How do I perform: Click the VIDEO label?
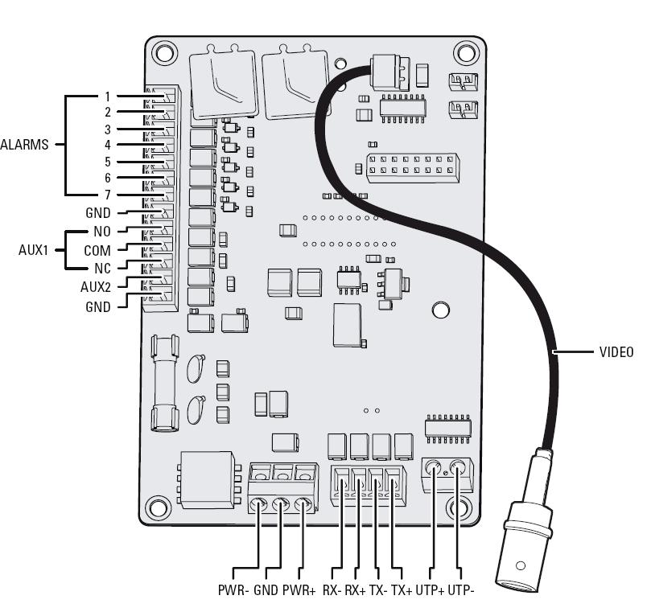tap(616, 352)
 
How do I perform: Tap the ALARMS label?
tap(24, 146)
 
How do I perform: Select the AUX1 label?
tap(35, 250)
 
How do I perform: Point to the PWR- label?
tap(234, 589)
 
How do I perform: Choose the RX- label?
tap(332, 589)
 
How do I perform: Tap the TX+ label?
tap(402, 589)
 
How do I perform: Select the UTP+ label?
tap(431, 589)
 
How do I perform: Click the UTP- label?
tap(462, 589)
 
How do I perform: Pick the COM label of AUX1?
tap(97, 250)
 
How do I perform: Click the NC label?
tap(102, 268)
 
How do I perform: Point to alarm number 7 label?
tap(106, 195)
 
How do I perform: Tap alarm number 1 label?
tap(106, 97)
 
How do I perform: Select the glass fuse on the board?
tap(164, 384)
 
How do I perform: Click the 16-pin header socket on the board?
tap(410, 166)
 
